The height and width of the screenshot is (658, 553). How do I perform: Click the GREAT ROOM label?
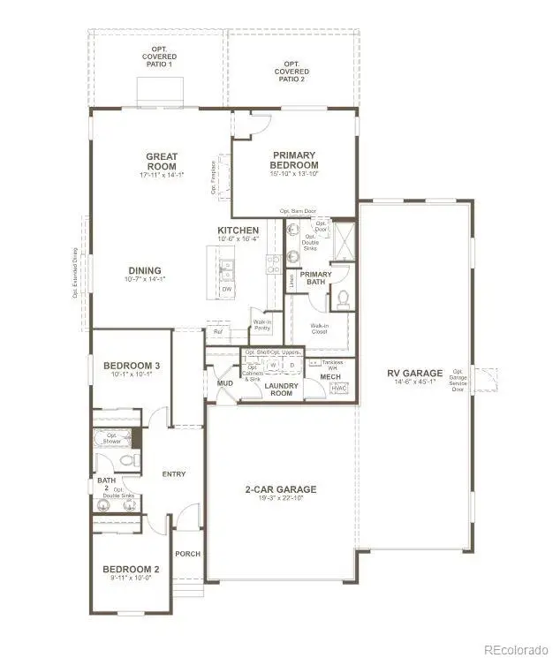[162, 162]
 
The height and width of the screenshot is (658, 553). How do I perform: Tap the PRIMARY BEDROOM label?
[294, 160]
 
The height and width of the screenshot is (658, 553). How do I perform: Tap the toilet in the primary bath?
[342, 299]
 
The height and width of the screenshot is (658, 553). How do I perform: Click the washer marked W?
[274, 365]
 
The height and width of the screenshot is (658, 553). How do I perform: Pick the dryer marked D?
[292, 365]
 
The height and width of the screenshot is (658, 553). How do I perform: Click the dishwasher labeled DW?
[227, 289]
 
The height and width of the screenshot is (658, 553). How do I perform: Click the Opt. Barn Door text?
[298, 211]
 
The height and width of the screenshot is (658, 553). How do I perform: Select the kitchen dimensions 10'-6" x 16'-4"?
[239, 238]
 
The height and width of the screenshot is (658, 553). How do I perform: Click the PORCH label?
[188, 554]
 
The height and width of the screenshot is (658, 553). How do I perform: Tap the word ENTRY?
[174, 474]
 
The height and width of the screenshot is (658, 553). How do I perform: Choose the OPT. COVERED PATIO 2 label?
[291, 72]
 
